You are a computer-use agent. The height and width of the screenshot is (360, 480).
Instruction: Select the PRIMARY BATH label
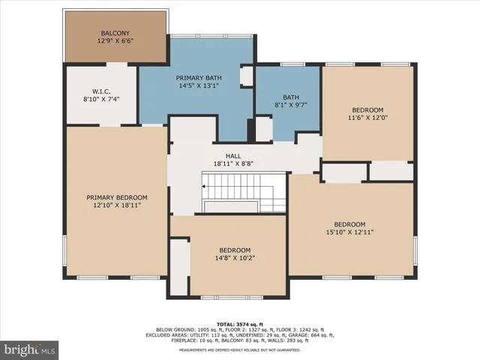pyautogui.click(x=197, y=78)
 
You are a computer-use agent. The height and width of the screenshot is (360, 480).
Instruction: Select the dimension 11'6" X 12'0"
pyautogui.click(x=367, y=118)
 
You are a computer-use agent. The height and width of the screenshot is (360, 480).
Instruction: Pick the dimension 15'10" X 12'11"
pyautogui.click(x=349, y=232)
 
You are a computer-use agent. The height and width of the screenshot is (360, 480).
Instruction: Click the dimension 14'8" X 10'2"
pyautogui.click(x=234, y=258)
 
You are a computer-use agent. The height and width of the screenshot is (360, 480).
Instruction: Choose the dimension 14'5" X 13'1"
pyautogui.click(x=197, y=85)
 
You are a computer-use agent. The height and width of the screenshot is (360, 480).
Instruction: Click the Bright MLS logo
pyautogui.click(x=30, y=349)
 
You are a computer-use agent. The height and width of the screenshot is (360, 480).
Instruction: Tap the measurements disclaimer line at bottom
pyautogui.click(x=240, y=349)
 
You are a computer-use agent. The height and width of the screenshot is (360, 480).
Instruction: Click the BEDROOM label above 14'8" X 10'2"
pyautogui.click(x=234, y=250)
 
